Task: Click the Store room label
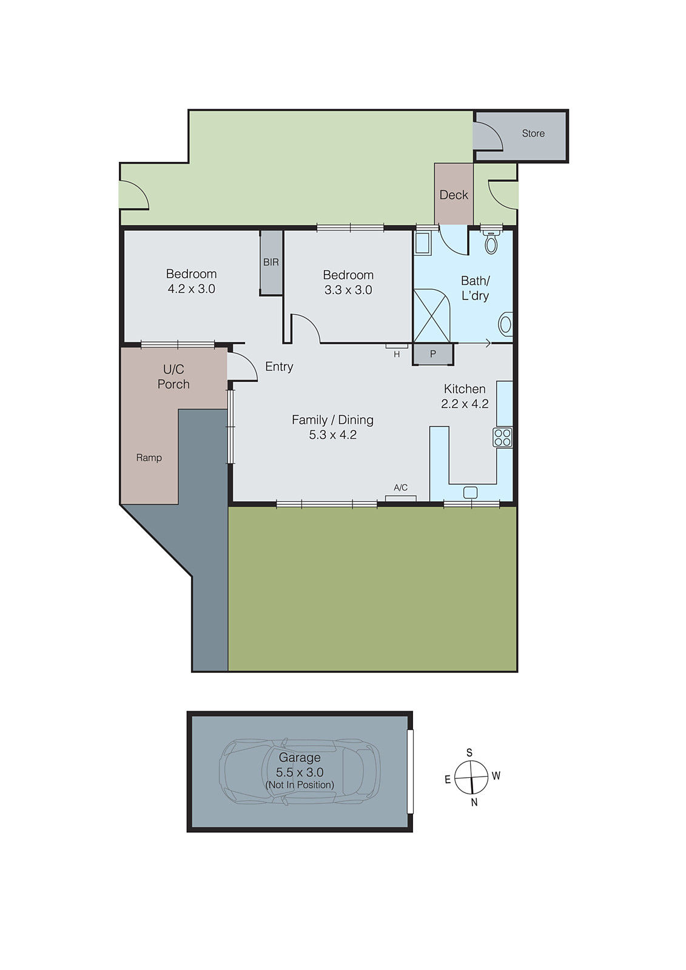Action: tap(533, 133)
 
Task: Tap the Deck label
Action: tap(454, 195)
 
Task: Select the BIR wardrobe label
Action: tap(271, 263)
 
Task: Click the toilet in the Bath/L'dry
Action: tap(491, 242)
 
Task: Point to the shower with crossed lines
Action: tap(431, 316)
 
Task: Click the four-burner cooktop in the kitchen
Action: tap(502, 438)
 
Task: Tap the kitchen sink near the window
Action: tap(470, 492)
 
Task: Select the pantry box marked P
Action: tap(433, 354)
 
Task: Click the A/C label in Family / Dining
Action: tap(400, 487)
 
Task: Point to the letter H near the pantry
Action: tap(397, 355)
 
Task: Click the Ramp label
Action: tap(149, 458)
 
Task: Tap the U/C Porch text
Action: tap(173, 376)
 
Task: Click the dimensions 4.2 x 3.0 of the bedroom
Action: tap(192, 289)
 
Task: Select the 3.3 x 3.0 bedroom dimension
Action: tap(348, 290)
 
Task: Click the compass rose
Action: tap(471, 777)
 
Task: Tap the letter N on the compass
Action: tap(474, 802)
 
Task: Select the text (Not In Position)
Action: tap(300, 785)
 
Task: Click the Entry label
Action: tap(279, 367)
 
